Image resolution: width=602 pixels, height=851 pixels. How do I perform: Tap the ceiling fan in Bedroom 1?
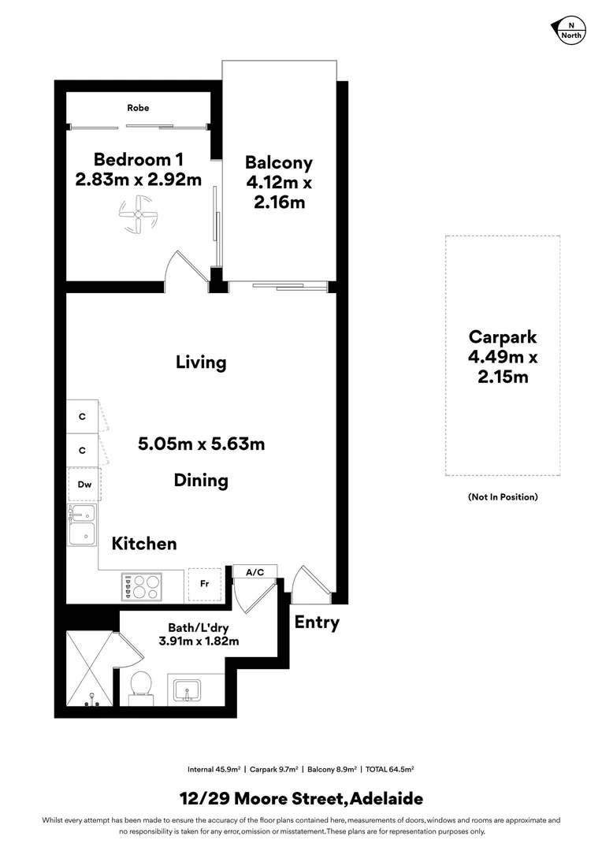click(138, 215)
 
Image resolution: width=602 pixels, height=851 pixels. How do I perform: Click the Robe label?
click(138, 108)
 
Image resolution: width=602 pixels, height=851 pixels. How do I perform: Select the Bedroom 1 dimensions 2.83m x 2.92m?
click(138, 180)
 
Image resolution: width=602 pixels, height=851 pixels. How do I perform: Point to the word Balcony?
click(278, 163)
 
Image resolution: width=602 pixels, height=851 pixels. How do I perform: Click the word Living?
click(201, 362)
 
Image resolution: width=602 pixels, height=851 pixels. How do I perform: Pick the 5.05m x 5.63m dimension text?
click(201, 444)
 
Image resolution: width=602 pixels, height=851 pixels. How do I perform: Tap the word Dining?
click(201, 480)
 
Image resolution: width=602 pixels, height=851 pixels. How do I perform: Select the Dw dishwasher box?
click(84, 485)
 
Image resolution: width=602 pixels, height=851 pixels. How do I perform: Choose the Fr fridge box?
click(204, 585)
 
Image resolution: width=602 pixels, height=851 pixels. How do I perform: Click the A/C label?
click(255, 573)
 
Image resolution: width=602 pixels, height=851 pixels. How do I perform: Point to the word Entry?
click(317, 622)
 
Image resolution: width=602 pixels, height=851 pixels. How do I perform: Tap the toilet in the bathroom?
click(141, 684)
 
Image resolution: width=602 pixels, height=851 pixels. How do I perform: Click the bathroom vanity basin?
click(188, 689)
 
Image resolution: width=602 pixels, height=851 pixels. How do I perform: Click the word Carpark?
click(502, 337)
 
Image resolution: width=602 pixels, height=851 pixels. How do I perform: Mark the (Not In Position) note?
click(502, 497)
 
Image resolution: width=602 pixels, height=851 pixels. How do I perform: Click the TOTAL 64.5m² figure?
click(390, 769)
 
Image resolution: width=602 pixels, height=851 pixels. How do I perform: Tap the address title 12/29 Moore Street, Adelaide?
click(301, 799)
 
